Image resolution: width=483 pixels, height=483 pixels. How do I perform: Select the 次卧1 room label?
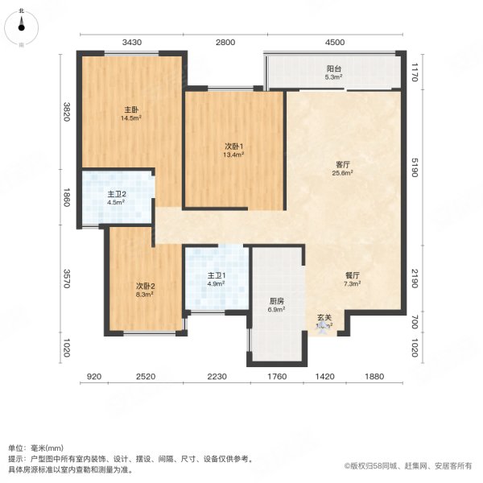pyautogui.click(x=233, y=147)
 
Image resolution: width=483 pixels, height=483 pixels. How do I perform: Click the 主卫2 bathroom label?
pyautogui.click(x=116, y=194)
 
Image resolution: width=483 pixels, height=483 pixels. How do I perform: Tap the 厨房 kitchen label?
pyautogui.click(x=277, y=301)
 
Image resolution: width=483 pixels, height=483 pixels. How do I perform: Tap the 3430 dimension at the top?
pyautogui.click(x=132, y=42)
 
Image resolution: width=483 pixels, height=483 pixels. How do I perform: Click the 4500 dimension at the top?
pyautogui.click(x=335, y=42)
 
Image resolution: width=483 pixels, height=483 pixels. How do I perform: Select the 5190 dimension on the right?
pyautogui.click(x=415, y=172)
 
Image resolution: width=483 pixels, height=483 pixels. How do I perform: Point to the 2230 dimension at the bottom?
pyautogui.click(x=218, y=377)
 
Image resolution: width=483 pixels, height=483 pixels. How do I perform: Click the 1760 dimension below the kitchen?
pyautogui.click(x=278, y=377)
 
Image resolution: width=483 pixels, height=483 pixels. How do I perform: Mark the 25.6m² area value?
pyautogui.click(x=344, y=173)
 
